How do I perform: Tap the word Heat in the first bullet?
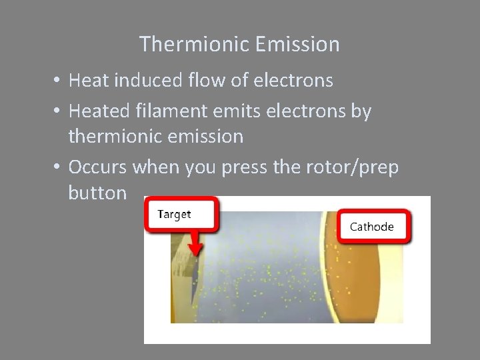coord(88,81)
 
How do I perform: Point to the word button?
coord(97,193)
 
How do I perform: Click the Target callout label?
coord(174,214)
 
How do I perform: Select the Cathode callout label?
coord(371,227)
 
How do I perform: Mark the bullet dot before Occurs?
coord(59,167)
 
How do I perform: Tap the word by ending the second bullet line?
coord(361,111)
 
